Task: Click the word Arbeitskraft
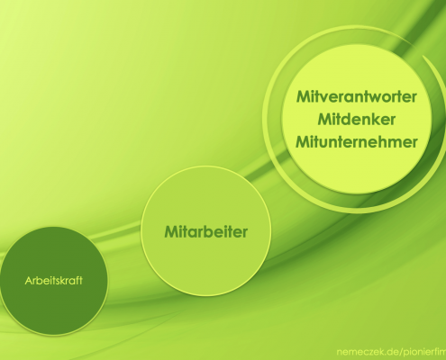coord(54,281)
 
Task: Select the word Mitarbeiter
coord(206,232)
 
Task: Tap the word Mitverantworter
coord(357,96)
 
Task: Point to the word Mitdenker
coord(357,120)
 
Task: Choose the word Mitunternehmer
coord(357,142)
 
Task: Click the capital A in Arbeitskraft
coord(29,281)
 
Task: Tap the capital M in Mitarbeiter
coord(171,232)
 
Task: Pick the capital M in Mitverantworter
coord(304,96)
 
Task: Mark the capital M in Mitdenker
coord(325,120)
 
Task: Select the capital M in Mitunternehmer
coord(303,142)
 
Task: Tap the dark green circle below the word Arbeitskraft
coord(54,309)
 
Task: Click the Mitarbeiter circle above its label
coord(206,195)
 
